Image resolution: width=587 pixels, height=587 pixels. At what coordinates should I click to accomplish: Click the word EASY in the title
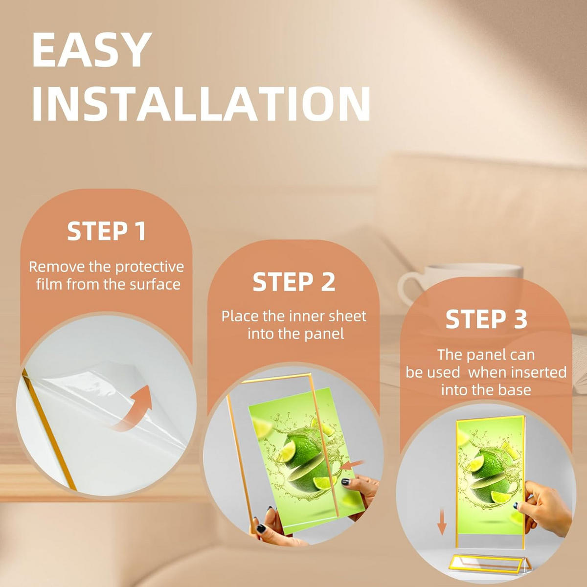pos(91,50)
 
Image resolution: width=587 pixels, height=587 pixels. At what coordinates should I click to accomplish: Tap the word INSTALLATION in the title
pos(202,104)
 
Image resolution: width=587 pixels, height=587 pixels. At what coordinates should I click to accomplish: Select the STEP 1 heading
pos(106,231)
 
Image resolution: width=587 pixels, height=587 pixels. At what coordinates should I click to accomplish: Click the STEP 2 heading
pos(293,282)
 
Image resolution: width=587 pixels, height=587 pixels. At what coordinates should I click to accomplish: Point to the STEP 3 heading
pos(486,319)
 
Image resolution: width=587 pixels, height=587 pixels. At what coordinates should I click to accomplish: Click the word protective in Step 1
pos(150,267)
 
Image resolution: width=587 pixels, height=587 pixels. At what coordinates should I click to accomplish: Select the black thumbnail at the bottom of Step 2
pos(261,528)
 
